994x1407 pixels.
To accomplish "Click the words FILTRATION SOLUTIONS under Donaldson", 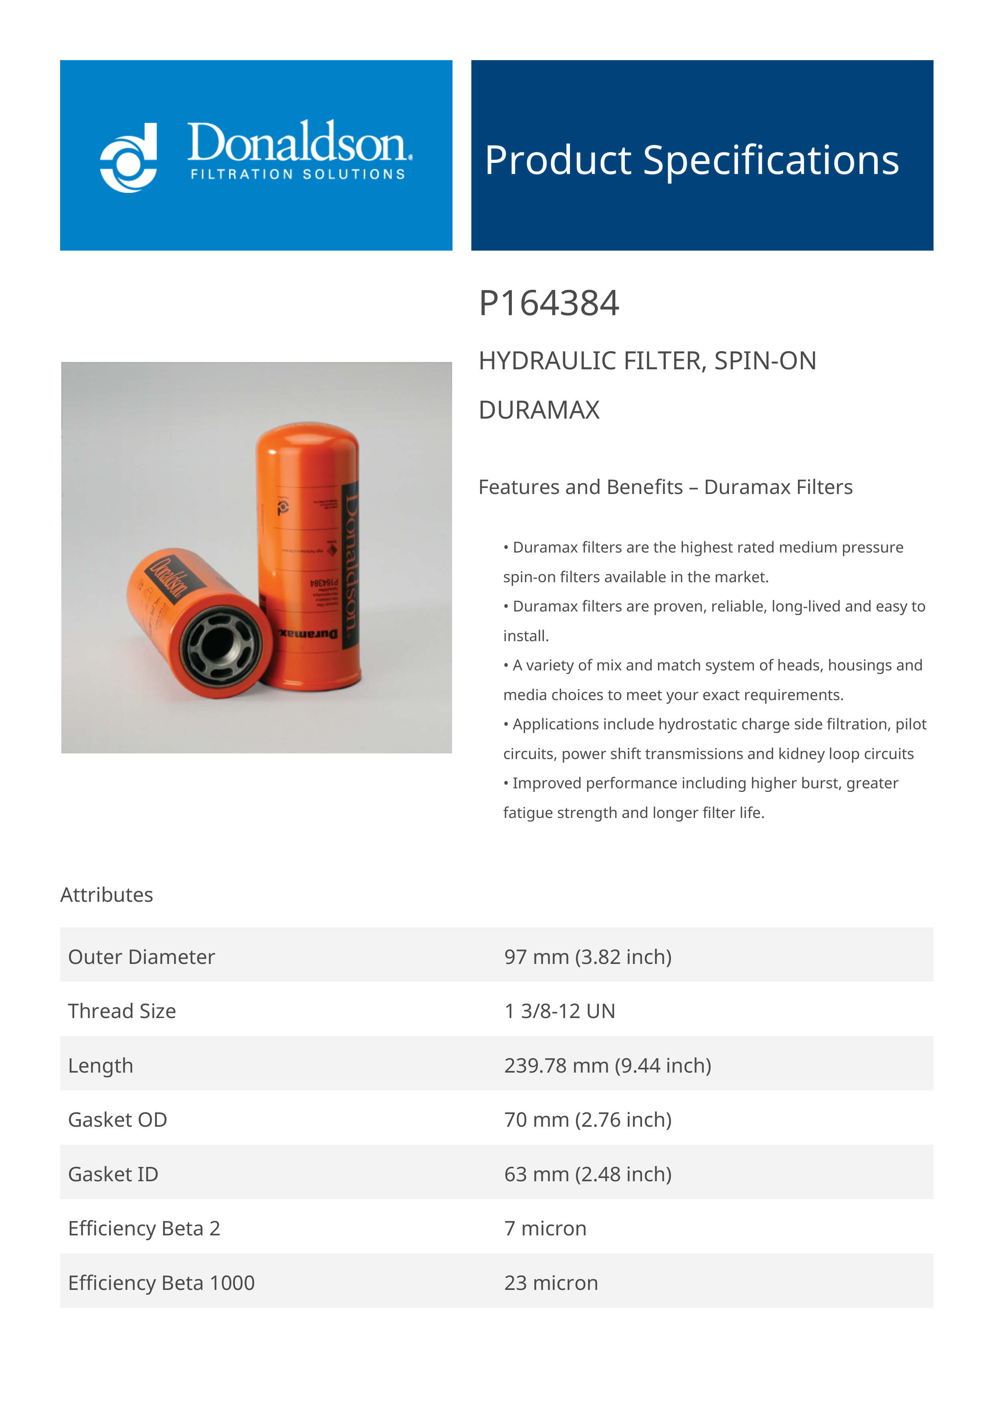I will (298, 175).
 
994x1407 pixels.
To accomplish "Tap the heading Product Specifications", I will (691, 160).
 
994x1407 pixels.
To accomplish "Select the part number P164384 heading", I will (549, 304).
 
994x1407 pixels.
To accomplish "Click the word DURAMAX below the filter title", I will (539, 410).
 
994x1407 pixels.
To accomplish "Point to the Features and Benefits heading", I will (665, 487).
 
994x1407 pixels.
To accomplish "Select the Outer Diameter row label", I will (141, 957).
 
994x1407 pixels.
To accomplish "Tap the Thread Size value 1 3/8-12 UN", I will (560, 1011).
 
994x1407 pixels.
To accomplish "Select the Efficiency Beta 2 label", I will (144, 1229).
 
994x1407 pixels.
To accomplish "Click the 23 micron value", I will (551, 1283).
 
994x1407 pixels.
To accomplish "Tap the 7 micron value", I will (545, 1229).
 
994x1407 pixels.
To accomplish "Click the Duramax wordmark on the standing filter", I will (308, 633).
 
